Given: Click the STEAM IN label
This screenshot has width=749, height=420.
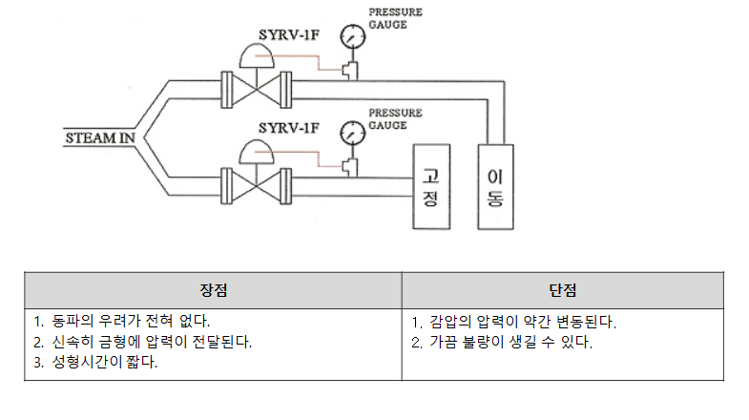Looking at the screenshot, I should [x=98, y=137].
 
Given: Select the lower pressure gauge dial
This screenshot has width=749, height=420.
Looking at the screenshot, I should [x=354, y=129].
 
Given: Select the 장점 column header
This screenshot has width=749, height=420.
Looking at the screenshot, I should [x=213, y=289].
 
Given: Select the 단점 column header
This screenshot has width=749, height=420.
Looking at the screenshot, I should [x=562, y=289].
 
